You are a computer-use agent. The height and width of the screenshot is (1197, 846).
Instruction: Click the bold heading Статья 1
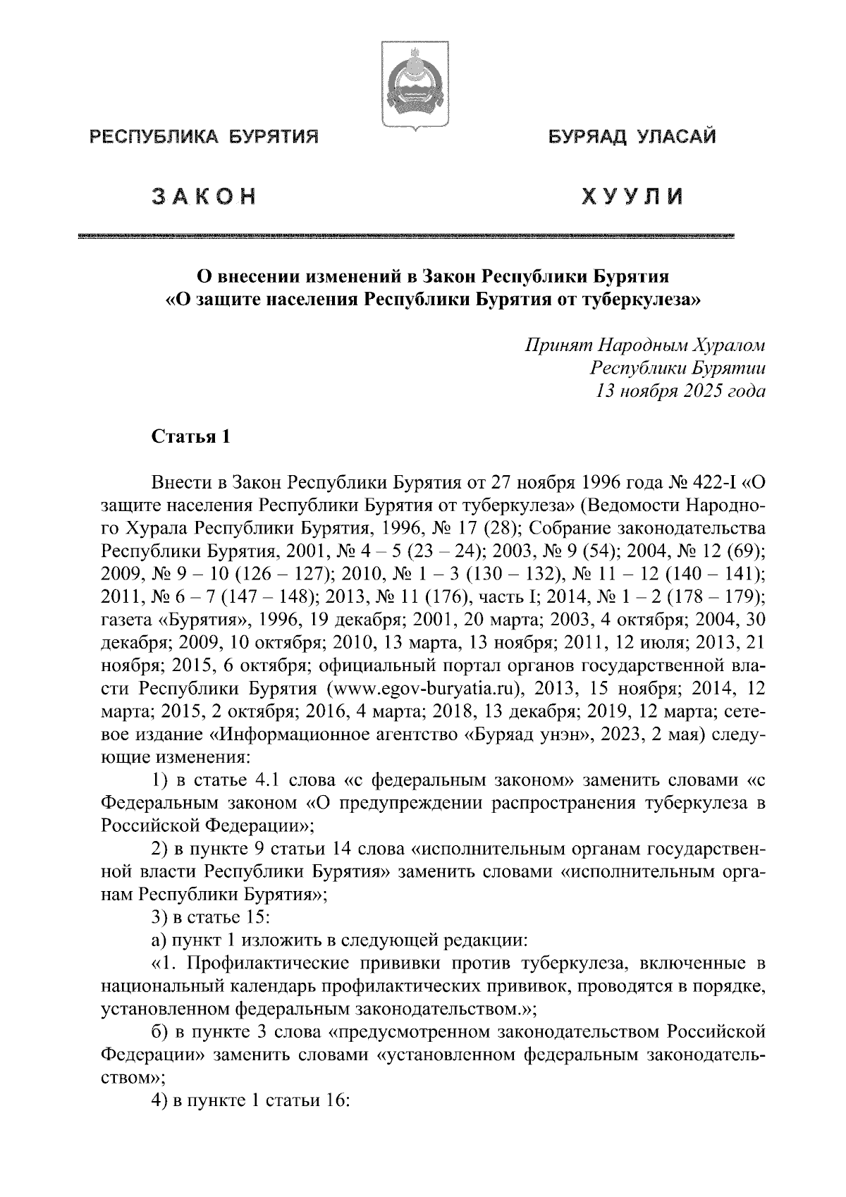pyautogui.click(x=190, y=437)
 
